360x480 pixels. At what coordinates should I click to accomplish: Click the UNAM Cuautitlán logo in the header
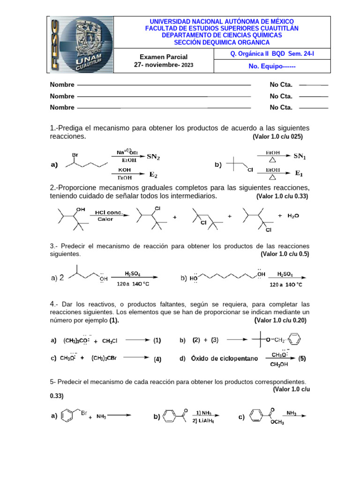pyautogui.click(x=80, y=45)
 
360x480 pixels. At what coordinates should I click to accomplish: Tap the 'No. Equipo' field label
pyautogui.click(x=272, y=66)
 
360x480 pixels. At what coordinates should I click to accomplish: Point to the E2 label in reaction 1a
pyautogui.click(x=154, y=174)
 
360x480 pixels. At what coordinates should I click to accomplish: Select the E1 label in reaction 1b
pyautogui.click(x=299, y=173)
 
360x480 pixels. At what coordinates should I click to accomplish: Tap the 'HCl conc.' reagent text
pyautogui.click(x=109, y=212)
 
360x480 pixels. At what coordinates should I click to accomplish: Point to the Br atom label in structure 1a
pyautogui.click(x=74, y=154)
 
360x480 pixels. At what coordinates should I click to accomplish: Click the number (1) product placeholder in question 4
pyautogui.click(x=157, y=341)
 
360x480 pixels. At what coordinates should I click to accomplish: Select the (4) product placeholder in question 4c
pyautogui.click(x=157, y=360)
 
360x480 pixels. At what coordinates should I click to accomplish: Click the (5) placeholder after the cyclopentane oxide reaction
pyautogui.click(x=302, y=359)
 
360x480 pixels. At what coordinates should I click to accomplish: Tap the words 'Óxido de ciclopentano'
pyautogui.click(x=224, y=359)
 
